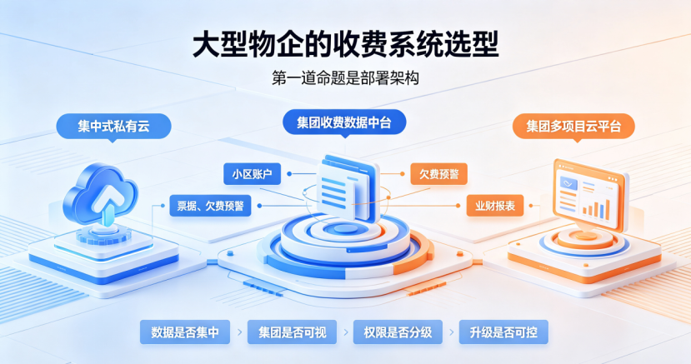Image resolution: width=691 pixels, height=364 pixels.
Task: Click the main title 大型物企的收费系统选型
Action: click(345, 45)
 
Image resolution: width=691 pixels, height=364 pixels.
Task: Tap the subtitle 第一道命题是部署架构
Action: click(345, 78)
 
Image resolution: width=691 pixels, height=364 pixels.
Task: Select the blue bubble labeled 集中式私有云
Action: click(113, 127)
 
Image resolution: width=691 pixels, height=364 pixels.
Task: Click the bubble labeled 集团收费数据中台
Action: click(344, 122)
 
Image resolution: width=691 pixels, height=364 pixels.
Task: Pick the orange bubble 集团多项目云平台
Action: click(573, 127)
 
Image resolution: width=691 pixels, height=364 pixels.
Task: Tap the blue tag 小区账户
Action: click(252, 174)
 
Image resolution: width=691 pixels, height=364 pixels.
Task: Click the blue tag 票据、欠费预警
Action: click(210, 206)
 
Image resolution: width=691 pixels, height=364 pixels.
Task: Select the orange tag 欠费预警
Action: click(439, 174)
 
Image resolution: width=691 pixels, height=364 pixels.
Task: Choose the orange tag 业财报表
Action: click(495, 206)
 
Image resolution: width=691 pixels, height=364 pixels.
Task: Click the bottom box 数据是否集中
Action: click(185, 332)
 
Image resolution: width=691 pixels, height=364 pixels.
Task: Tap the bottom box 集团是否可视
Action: click(293, 332)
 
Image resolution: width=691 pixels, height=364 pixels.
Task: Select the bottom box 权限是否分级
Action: click(398, 332)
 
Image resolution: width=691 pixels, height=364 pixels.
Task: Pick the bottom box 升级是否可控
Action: click(503, 332)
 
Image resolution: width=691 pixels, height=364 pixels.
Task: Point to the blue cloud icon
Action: click(101, 194)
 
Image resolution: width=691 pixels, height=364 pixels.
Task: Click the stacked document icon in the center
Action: click(348, 187)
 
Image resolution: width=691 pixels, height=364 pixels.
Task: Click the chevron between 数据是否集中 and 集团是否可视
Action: click(239, 332)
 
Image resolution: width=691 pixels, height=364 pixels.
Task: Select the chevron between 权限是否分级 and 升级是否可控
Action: click(451, 332)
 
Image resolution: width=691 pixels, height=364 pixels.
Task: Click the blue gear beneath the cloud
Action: click(104, 235)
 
